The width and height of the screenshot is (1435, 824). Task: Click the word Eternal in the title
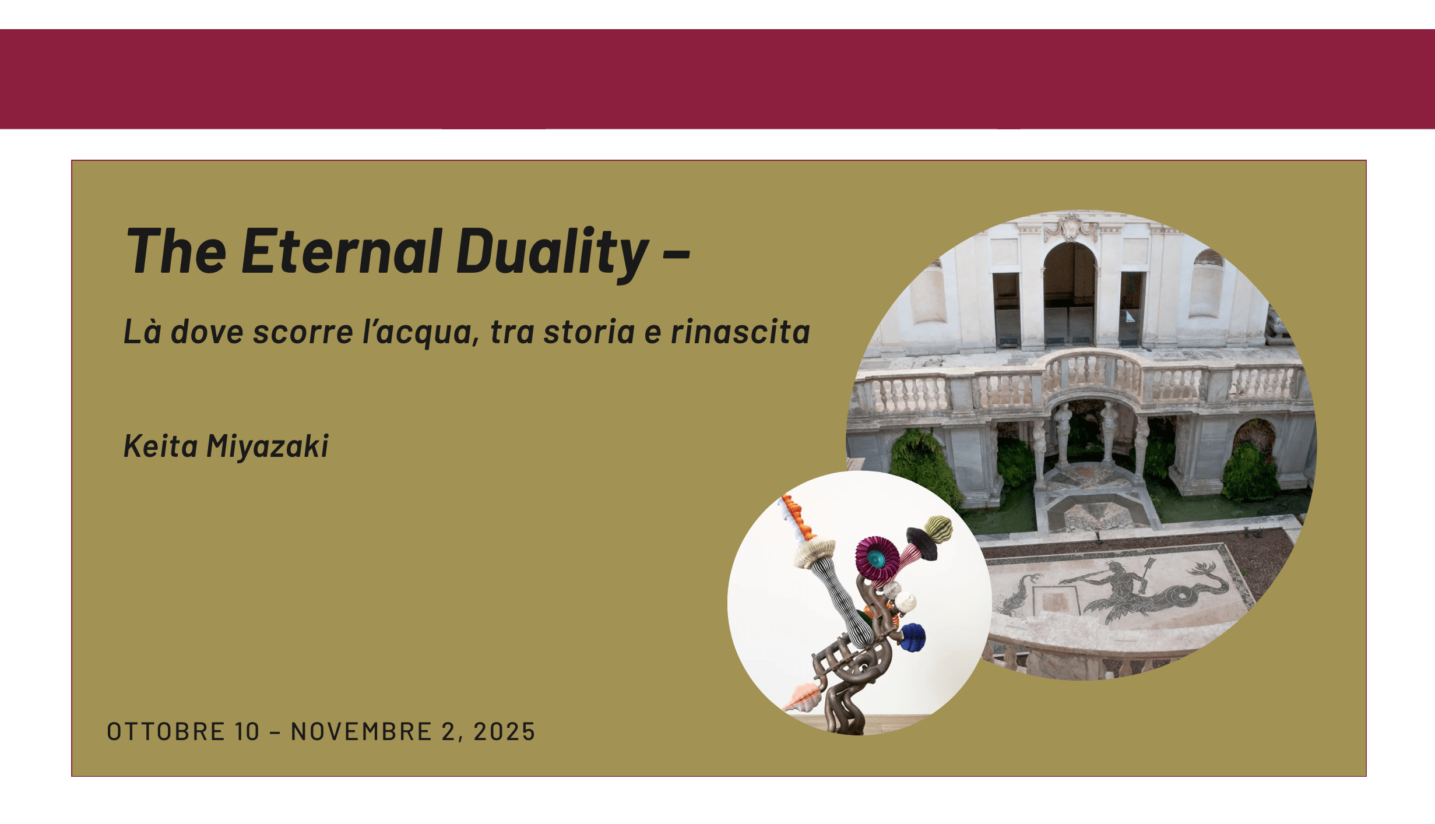pos(342,251)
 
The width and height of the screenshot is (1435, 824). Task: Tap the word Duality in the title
pos(553,254)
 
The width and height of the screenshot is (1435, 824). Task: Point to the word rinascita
pos(740,332)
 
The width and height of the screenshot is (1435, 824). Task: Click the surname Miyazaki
pos(268,447)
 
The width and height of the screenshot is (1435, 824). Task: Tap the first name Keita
pos(161,446)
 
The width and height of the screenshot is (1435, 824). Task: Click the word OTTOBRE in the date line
pos(166,732)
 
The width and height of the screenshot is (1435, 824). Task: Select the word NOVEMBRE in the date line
pos(361,732)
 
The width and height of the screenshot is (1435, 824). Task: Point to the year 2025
pos(504,732)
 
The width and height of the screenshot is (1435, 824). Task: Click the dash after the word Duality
pos(677,253)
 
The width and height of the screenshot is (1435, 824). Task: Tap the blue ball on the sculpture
pos(912,638)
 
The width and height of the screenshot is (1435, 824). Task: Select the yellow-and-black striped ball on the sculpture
pos(938,529)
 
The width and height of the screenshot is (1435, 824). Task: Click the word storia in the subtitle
pos(589,332)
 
